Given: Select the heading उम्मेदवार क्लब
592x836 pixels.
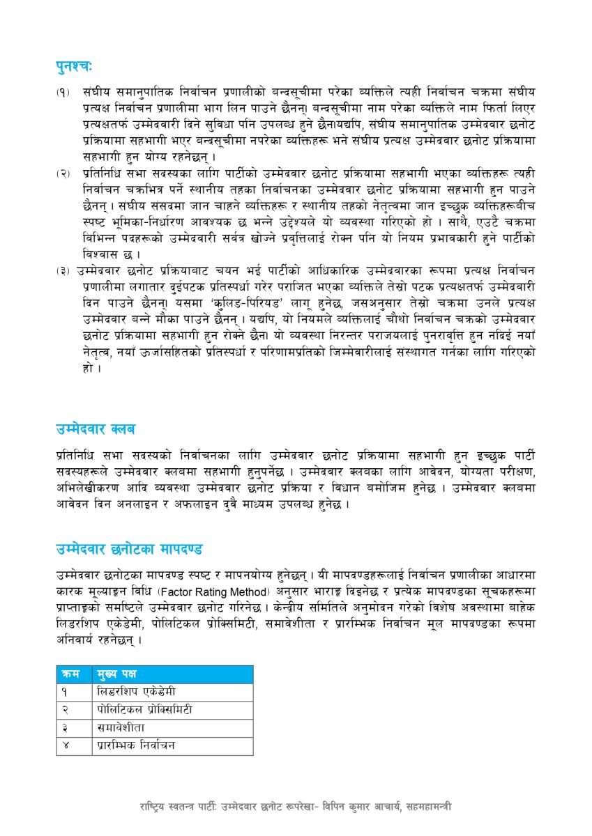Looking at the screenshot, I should click(x=96, y=428).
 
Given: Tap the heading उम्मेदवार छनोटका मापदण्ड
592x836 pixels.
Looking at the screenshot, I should click(x=129, y=548).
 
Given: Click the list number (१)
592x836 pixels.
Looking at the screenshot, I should click(x=63, y=91).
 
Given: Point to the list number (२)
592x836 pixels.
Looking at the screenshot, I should click(x=63, y=173).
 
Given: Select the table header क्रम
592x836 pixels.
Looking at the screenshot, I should click(x=70, y=674).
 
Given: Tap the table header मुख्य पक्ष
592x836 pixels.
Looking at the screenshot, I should click(x=117, y=674).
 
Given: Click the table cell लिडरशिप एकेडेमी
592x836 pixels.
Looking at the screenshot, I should click(x=137, y=692).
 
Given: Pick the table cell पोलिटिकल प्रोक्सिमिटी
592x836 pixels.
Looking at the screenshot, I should click(x=144, y=710).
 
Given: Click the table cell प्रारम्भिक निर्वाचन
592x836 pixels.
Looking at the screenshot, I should click(x=136, y=745).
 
